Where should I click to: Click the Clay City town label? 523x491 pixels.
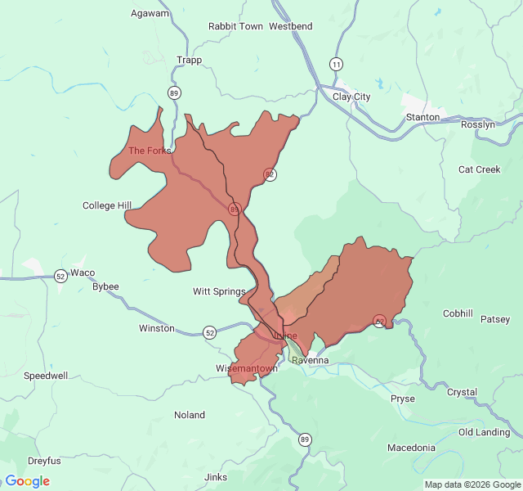[x=351, y=97]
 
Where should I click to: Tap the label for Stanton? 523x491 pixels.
[x=422, y=117]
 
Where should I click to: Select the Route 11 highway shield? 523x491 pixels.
[x=336, y=64]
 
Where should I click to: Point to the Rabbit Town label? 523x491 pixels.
[x=235, y=26]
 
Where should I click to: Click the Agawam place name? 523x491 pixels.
[x=150, y=13]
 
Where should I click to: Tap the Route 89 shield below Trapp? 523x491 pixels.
[x=174, y=92]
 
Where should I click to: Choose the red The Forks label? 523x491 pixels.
[x=150, y=151]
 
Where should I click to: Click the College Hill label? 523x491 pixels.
[x=107, y=205]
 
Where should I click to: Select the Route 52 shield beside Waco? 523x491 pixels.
[x=60, y=277]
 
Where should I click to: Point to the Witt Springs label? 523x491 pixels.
[x=219, y=291]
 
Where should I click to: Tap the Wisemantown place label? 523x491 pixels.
[x=246, y=368]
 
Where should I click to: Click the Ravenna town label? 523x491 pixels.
[x=310, y=360]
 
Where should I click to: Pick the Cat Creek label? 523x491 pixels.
[x=479, y=169]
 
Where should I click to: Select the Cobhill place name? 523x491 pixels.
[x=458, y=313]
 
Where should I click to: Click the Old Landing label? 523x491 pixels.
[x=484, y=432]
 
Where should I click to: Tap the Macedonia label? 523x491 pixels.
[x=411, y=448]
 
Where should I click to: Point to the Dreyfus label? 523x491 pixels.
[x=44, y=461]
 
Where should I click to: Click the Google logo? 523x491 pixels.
[x=27, y=481]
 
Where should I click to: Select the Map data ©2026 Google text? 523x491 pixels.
[x=472, y=484]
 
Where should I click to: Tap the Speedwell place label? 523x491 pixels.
[x=46, y=376]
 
